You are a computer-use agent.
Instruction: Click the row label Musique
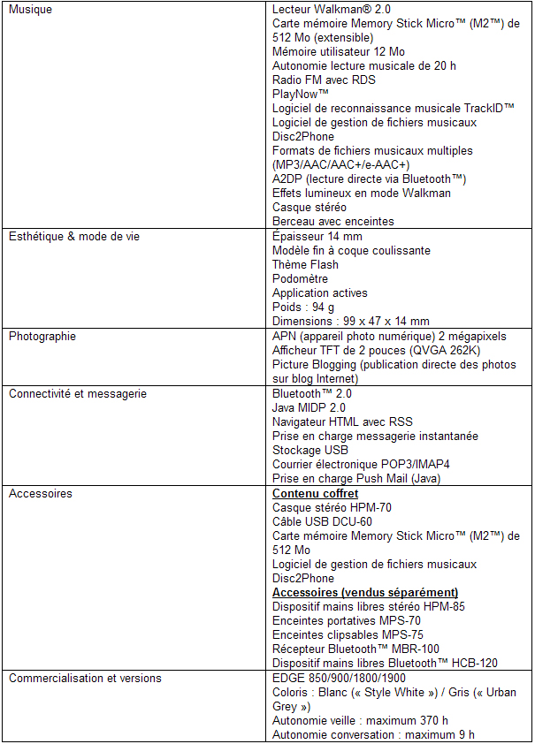tap(30, 10)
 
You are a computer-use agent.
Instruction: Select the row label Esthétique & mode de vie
tap(74, 237)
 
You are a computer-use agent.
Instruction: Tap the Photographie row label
tap(42, 337)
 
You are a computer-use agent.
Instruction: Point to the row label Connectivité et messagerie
tap(78, 394)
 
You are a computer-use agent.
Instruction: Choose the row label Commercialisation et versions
tap(86, 679)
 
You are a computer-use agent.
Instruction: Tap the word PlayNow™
tap(301, 95)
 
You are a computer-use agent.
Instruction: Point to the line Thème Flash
tap(305, 265)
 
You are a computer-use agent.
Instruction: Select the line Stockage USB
tap(310, 451)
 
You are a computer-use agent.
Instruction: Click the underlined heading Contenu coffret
tap(316, 494)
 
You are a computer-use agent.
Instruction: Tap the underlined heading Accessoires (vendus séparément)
tap(365, 593)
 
